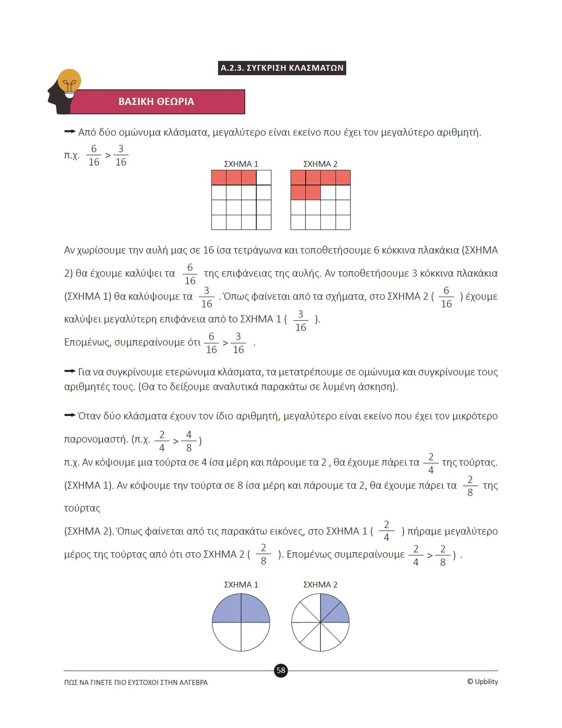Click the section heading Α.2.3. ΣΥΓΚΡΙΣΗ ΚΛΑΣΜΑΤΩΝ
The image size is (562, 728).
pos(282,68)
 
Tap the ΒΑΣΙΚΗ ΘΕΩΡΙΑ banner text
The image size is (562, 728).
pos(156,102)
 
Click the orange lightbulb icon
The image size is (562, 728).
pos(69,82)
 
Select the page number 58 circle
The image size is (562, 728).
pos(281,670)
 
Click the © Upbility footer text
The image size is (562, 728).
pos(482,682)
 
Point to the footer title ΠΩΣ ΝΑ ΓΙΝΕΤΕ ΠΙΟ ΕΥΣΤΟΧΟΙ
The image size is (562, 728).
pos(136,682)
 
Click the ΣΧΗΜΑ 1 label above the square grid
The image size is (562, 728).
pos(241,164)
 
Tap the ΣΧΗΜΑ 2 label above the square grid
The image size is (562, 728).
pos(320,164)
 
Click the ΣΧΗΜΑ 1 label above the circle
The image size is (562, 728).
pos(241,585)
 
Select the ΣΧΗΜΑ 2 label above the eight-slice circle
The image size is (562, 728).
pos(320,585)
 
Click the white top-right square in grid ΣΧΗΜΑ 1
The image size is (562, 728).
pos(264,178)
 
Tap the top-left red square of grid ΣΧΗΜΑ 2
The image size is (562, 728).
pos(298,178)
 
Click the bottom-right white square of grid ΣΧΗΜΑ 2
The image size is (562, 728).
pos(343,222)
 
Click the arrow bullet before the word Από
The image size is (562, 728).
pos(69,132)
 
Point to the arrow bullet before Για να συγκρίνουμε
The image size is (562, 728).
pos(69,372)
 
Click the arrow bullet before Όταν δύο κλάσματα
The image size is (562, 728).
pos(69,416)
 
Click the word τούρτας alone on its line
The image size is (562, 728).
pos(82,508)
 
